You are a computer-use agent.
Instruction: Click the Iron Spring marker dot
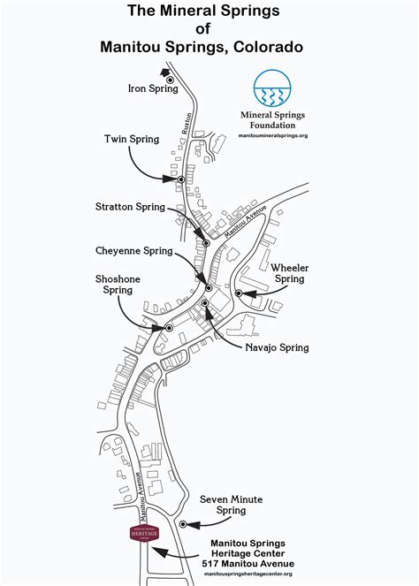coord(171,80)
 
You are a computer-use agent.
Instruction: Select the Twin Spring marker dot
coord(180,179)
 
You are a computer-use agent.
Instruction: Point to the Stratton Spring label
coord(130,207)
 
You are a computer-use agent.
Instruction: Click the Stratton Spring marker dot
coord(206,242)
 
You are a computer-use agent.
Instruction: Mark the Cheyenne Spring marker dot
coord(209,288)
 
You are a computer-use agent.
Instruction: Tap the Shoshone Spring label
coord(118,284)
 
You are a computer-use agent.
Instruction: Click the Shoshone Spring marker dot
coord(168,328)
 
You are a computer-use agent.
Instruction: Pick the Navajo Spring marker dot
coord(204,303)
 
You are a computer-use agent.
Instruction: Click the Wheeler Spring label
coord(289,272)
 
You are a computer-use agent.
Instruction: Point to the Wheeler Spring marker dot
coord(239,293)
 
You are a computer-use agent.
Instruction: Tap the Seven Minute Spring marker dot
coord(183,524)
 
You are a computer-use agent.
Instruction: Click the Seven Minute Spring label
coord(231,505)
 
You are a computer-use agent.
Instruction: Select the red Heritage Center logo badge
coord(144,536)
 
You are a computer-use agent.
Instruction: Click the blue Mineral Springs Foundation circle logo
coord(273,89)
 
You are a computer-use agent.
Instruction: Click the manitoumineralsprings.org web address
coord(273,135)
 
